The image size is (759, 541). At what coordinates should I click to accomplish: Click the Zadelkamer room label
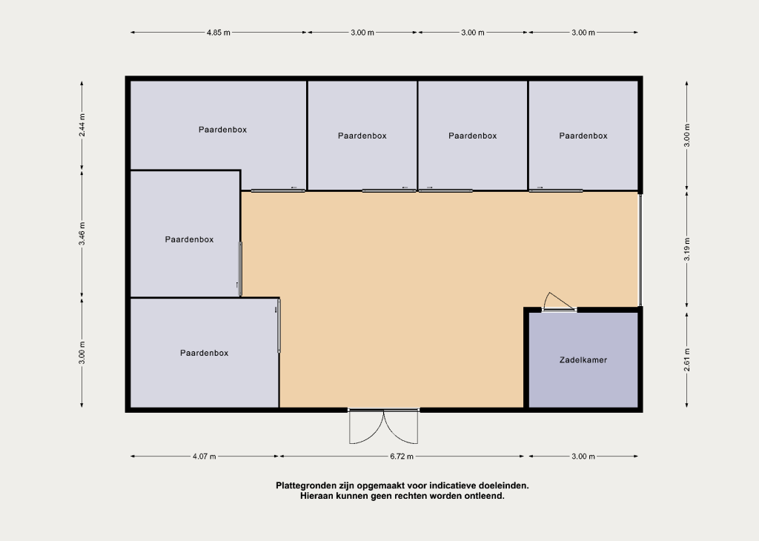(x=583, y=360)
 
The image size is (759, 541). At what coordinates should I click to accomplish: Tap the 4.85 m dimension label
(x=219, y=33)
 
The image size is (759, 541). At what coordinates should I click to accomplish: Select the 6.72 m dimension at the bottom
(x=402, y=457)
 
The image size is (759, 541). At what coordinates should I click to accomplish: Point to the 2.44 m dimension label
(x=82, y=125)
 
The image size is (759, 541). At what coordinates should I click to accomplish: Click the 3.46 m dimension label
(x=82, y=233)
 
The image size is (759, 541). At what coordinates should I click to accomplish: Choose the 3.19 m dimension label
(x=687, y=250)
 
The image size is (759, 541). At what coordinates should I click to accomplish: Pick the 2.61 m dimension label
(x=687, y=360)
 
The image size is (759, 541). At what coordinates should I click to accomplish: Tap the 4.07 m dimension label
(x=205, y=457)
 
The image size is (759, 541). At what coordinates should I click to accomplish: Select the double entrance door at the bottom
(x=384, y=426)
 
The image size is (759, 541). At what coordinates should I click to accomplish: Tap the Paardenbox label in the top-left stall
(x=222, y=130)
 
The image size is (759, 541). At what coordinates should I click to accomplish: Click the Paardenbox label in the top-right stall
(x=583, y=136)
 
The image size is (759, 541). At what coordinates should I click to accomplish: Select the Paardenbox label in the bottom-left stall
(x=205, y=354)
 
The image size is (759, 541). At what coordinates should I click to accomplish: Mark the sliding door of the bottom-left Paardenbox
(x=279, y=325)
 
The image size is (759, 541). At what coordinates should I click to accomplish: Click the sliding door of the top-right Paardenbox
(x=556, y=190)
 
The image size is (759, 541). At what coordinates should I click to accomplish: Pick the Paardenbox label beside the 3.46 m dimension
(x=189, y=239)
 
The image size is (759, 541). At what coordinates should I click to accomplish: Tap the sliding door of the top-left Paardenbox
(x=278, y=190)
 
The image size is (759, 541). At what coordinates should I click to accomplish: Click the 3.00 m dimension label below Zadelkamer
(x=583, y=457)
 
